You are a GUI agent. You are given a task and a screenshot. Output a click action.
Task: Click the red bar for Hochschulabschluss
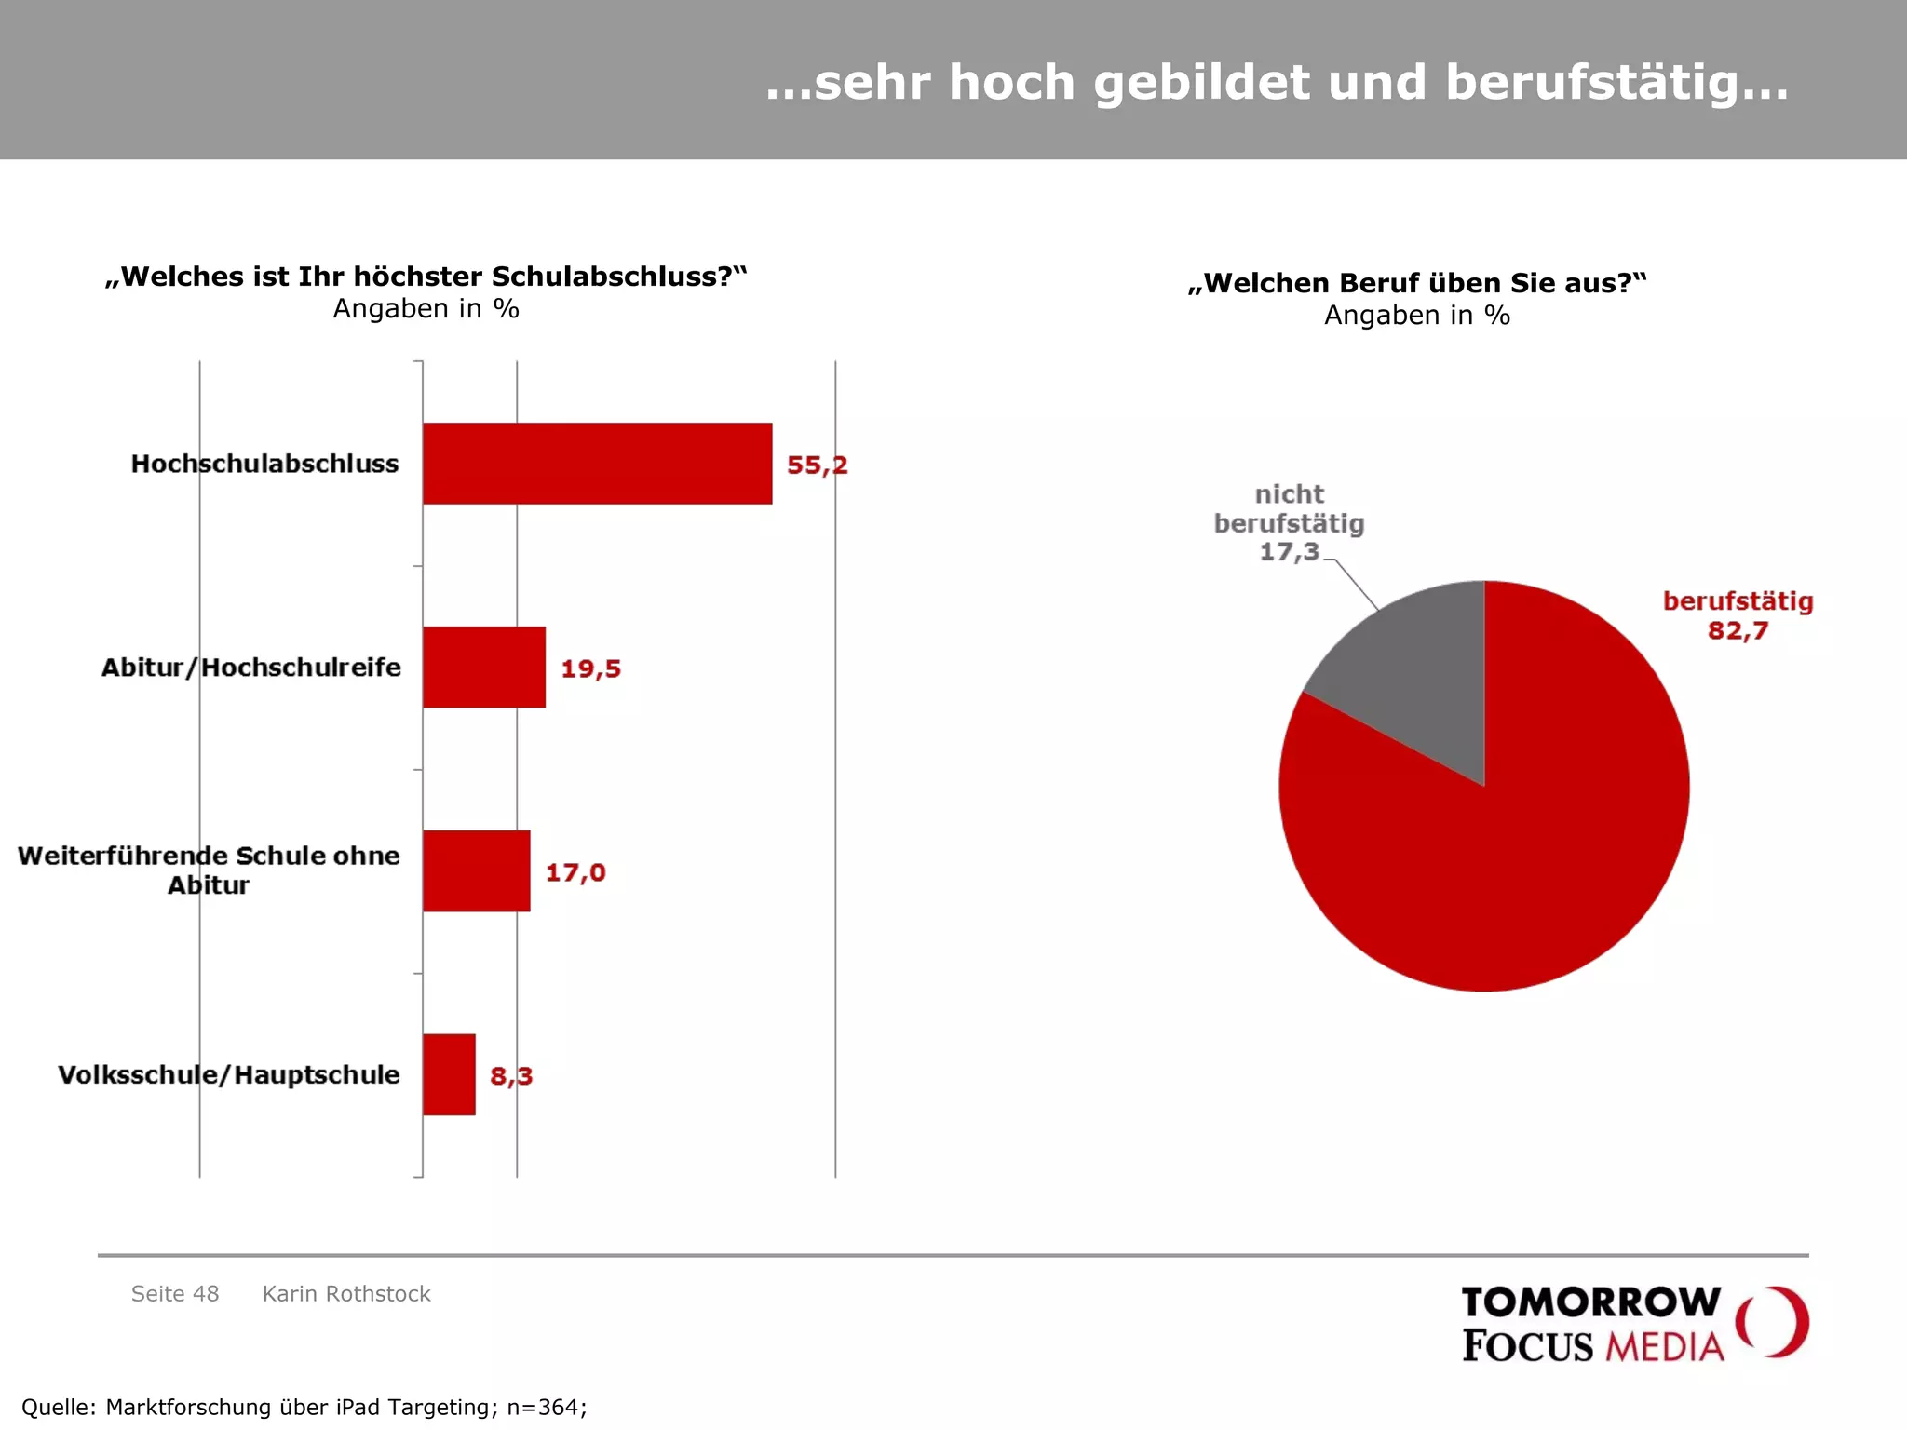pos(597,464)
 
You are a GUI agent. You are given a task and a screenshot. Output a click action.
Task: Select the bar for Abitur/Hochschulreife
pos(483,668)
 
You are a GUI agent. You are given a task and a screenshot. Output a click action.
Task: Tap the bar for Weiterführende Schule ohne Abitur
pos(476,871)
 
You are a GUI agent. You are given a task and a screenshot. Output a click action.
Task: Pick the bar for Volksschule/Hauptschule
pos(449,1074)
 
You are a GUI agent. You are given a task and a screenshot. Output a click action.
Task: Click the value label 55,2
pos(817,465)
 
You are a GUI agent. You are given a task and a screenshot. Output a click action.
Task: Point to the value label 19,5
pos(590,668)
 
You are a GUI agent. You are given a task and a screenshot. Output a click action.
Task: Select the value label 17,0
pos(575,872)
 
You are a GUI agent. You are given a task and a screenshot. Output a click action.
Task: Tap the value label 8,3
pos(511,1076)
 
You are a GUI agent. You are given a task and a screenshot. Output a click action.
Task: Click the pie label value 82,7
pos(1738,631)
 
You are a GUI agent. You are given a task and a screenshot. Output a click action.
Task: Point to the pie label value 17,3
pos(1290,552)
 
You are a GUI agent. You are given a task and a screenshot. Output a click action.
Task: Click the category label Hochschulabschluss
pos(264,464)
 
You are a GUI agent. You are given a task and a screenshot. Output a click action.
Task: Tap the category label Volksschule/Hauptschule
pos(229,1074)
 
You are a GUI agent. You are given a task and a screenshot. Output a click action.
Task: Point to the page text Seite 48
pos(175,1293)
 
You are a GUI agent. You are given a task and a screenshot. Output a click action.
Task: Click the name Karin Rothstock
pos(346,1293)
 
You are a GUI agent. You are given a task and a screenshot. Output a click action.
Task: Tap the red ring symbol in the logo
pos(1772,1322)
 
